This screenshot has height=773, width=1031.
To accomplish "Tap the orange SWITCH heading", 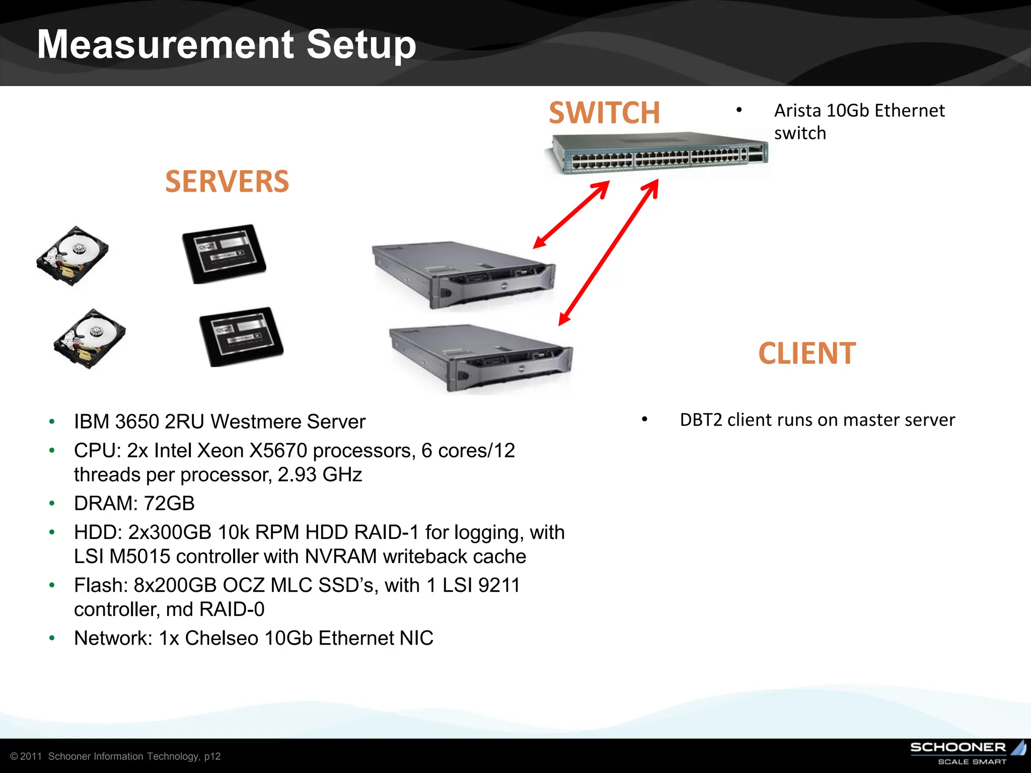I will (604, 113).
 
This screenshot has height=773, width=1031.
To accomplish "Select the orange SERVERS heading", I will (227, 182).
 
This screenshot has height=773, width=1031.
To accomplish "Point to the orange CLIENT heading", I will (806, 353).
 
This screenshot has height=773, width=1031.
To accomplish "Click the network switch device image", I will (657, 153).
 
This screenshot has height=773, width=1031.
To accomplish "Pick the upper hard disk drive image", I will (72, 256).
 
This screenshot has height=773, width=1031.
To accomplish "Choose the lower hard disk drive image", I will (90, 338).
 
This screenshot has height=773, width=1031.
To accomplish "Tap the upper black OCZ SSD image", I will (224, 254).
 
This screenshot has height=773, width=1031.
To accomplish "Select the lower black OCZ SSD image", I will (242, 336).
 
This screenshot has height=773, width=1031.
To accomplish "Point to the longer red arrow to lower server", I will (609, 253).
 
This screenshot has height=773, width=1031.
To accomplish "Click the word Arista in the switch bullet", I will (797, 111).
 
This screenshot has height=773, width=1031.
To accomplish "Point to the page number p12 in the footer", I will (212, 756).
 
